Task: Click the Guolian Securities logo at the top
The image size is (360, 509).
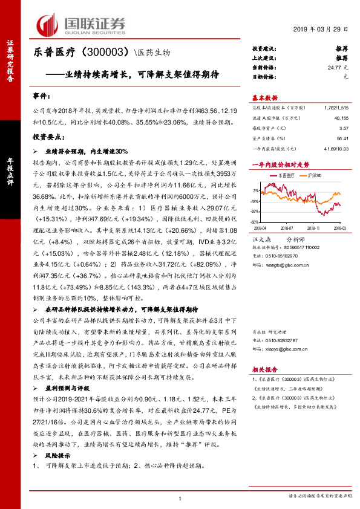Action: click(x=81, y=24)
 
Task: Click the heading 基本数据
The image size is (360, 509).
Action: click(x=264, y=97)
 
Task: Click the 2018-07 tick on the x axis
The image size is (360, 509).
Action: click(x=287, y=229)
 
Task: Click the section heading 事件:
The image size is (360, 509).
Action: click(x=42, y=96)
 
